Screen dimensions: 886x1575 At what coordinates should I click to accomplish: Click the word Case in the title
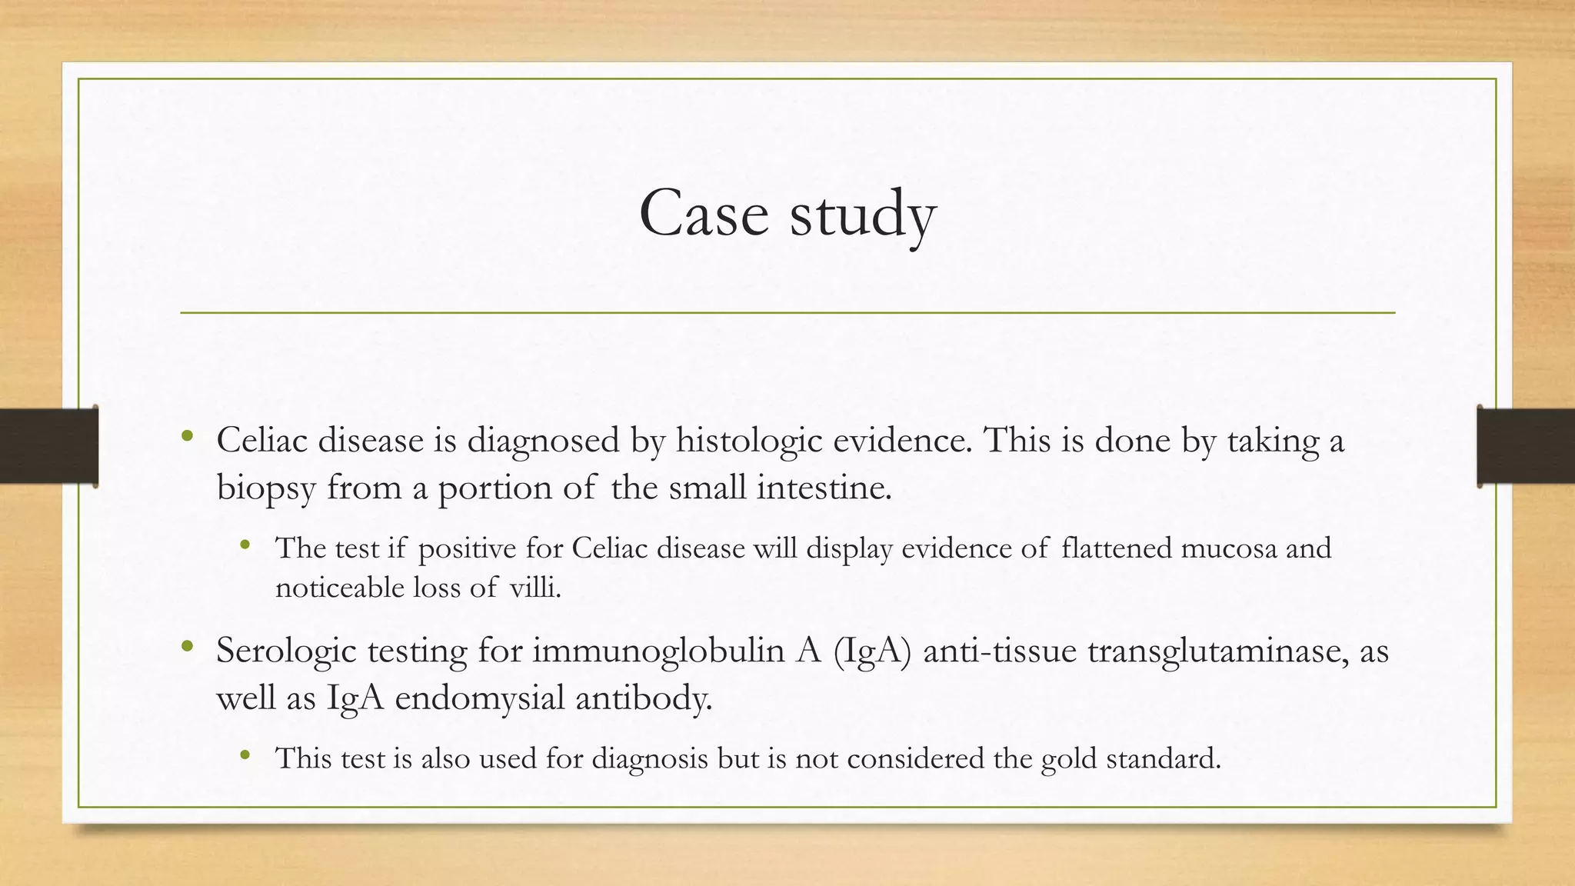pyautogui.click(x=704, y=213)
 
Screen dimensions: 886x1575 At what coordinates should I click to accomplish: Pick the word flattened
pyautogui.click(x=1116, y=548)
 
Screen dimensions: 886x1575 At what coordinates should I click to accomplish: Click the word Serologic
pyautogui.click(x=285, y=651)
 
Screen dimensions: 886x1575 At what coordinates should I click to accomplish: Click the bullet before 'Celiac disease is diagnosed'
pyautogui.click(x=187, y=437)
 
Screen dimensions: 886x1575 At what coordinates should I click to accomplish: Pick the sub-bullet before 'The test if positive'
pyautogui.click(x=245, y=545)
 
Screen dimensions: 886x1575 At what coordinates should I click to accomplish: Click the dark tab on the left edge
pyautogui.click(x=48, y=446)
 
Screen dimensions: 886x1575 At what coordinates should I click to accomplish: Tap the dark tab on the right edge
pyautogui.click(x=1526, y=446)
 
